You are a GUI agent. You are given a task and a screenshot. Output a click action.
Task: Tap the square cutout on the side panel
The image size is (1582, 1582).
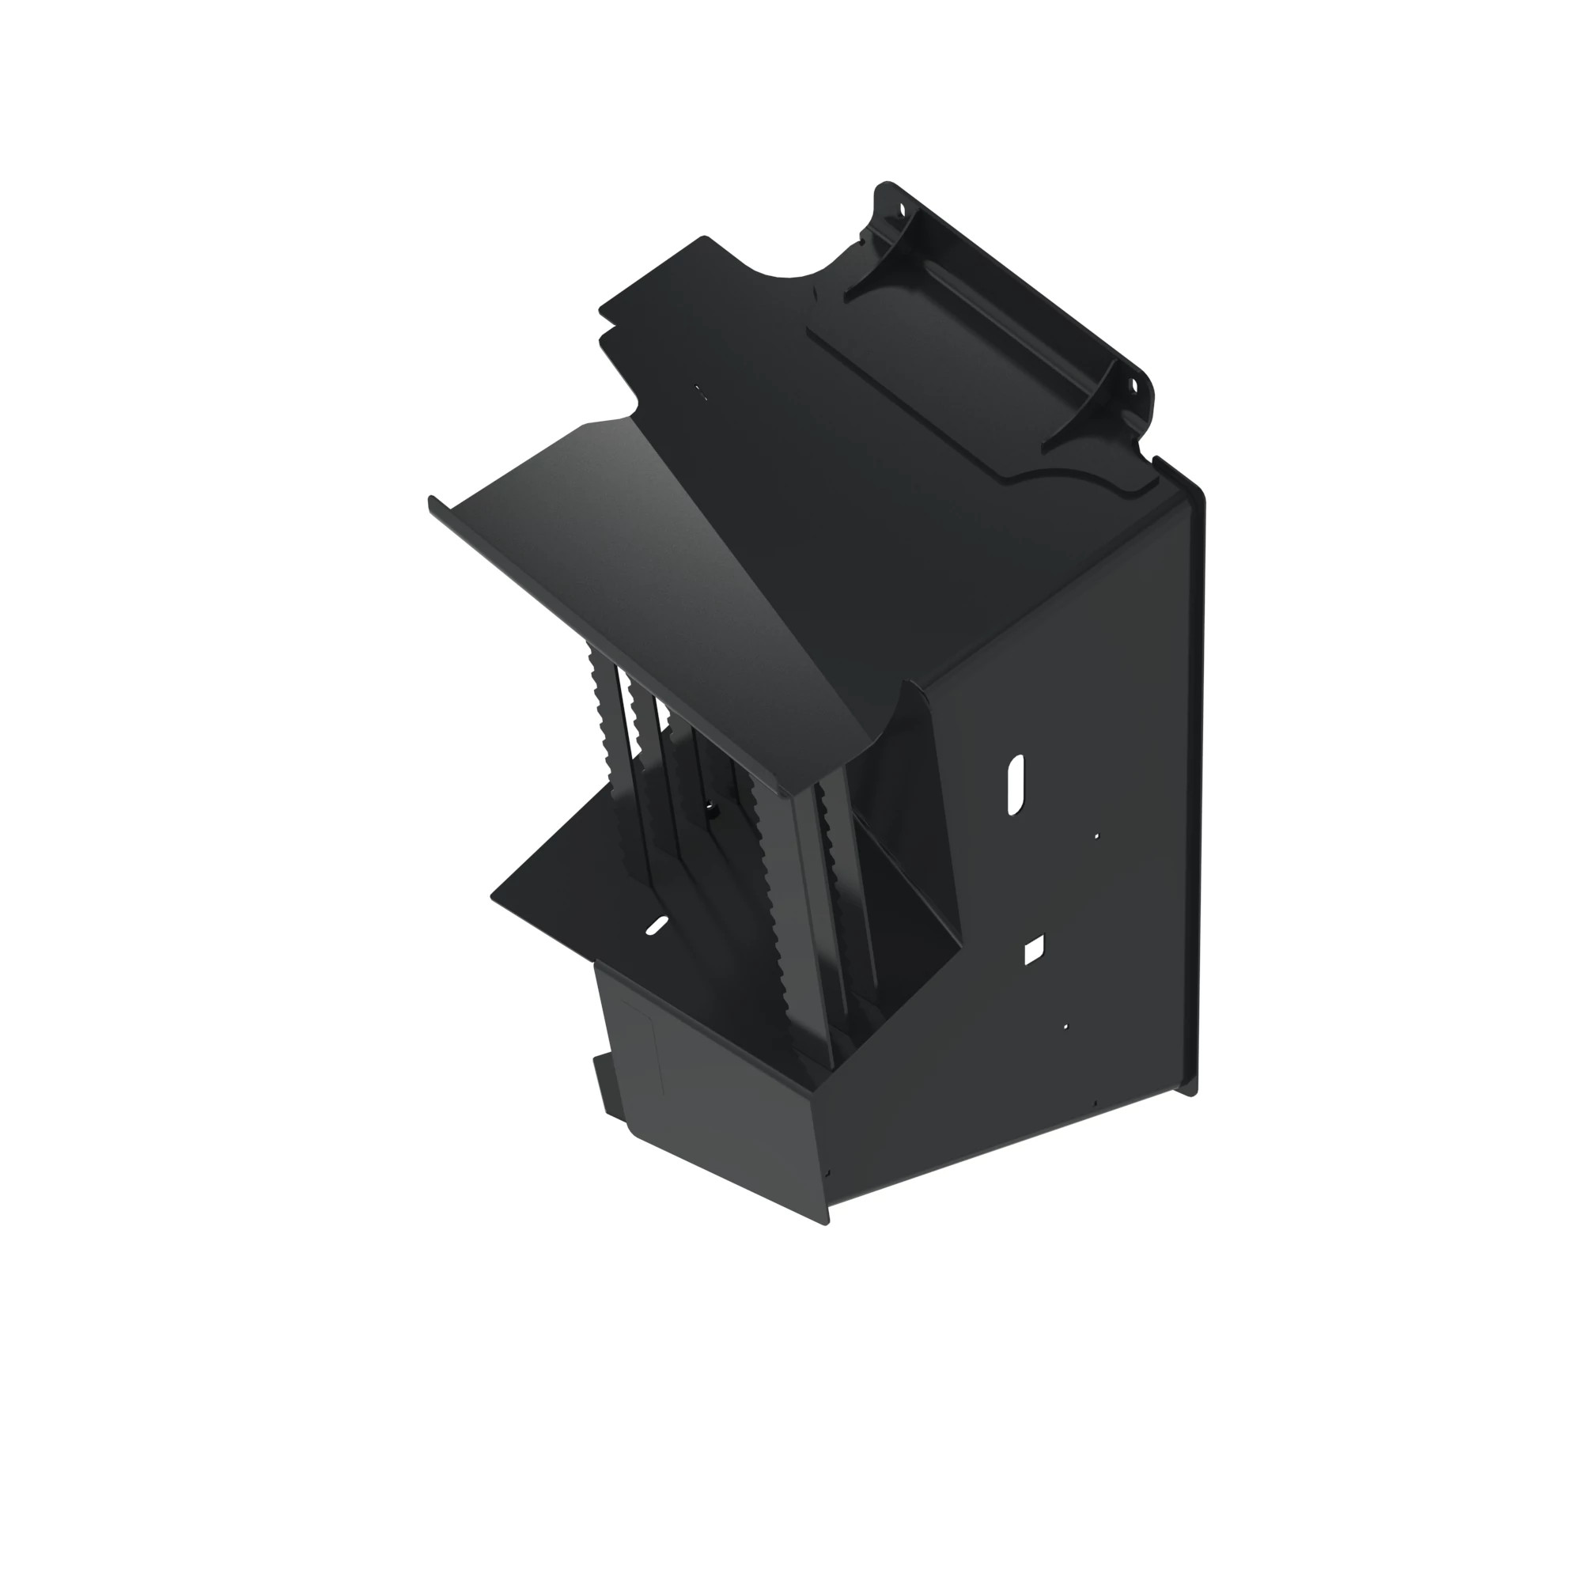(x=1033, y=950)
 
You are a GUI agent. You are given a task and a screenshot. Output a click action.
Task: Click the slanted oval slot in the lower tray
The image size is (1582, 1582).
(x=656, y=925)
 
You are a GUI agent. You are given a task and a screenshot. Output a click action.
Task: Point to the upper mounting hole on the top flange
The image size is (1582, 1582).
(x=905, y=208)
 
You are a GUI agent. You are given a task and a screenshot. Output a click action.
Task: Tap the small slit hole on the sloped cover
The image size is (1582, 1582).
(x=698, y=392)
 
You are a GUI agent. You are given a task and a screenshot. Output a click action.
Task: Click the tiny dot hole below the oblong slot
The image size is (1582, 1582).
(x=1096, y=836)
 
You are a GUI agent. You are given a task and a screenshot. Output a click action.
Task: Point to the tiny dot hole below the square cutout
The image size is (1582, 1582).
(x=1065, y=1026)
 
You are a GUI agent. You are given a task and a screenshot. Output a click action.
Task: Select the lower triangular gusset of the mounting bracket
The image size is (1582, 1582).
(x=1081, y=410)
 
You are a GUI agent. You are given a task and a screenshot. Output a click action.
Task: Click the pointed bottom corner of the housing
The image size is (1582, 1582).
(x=824, y=1224)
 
